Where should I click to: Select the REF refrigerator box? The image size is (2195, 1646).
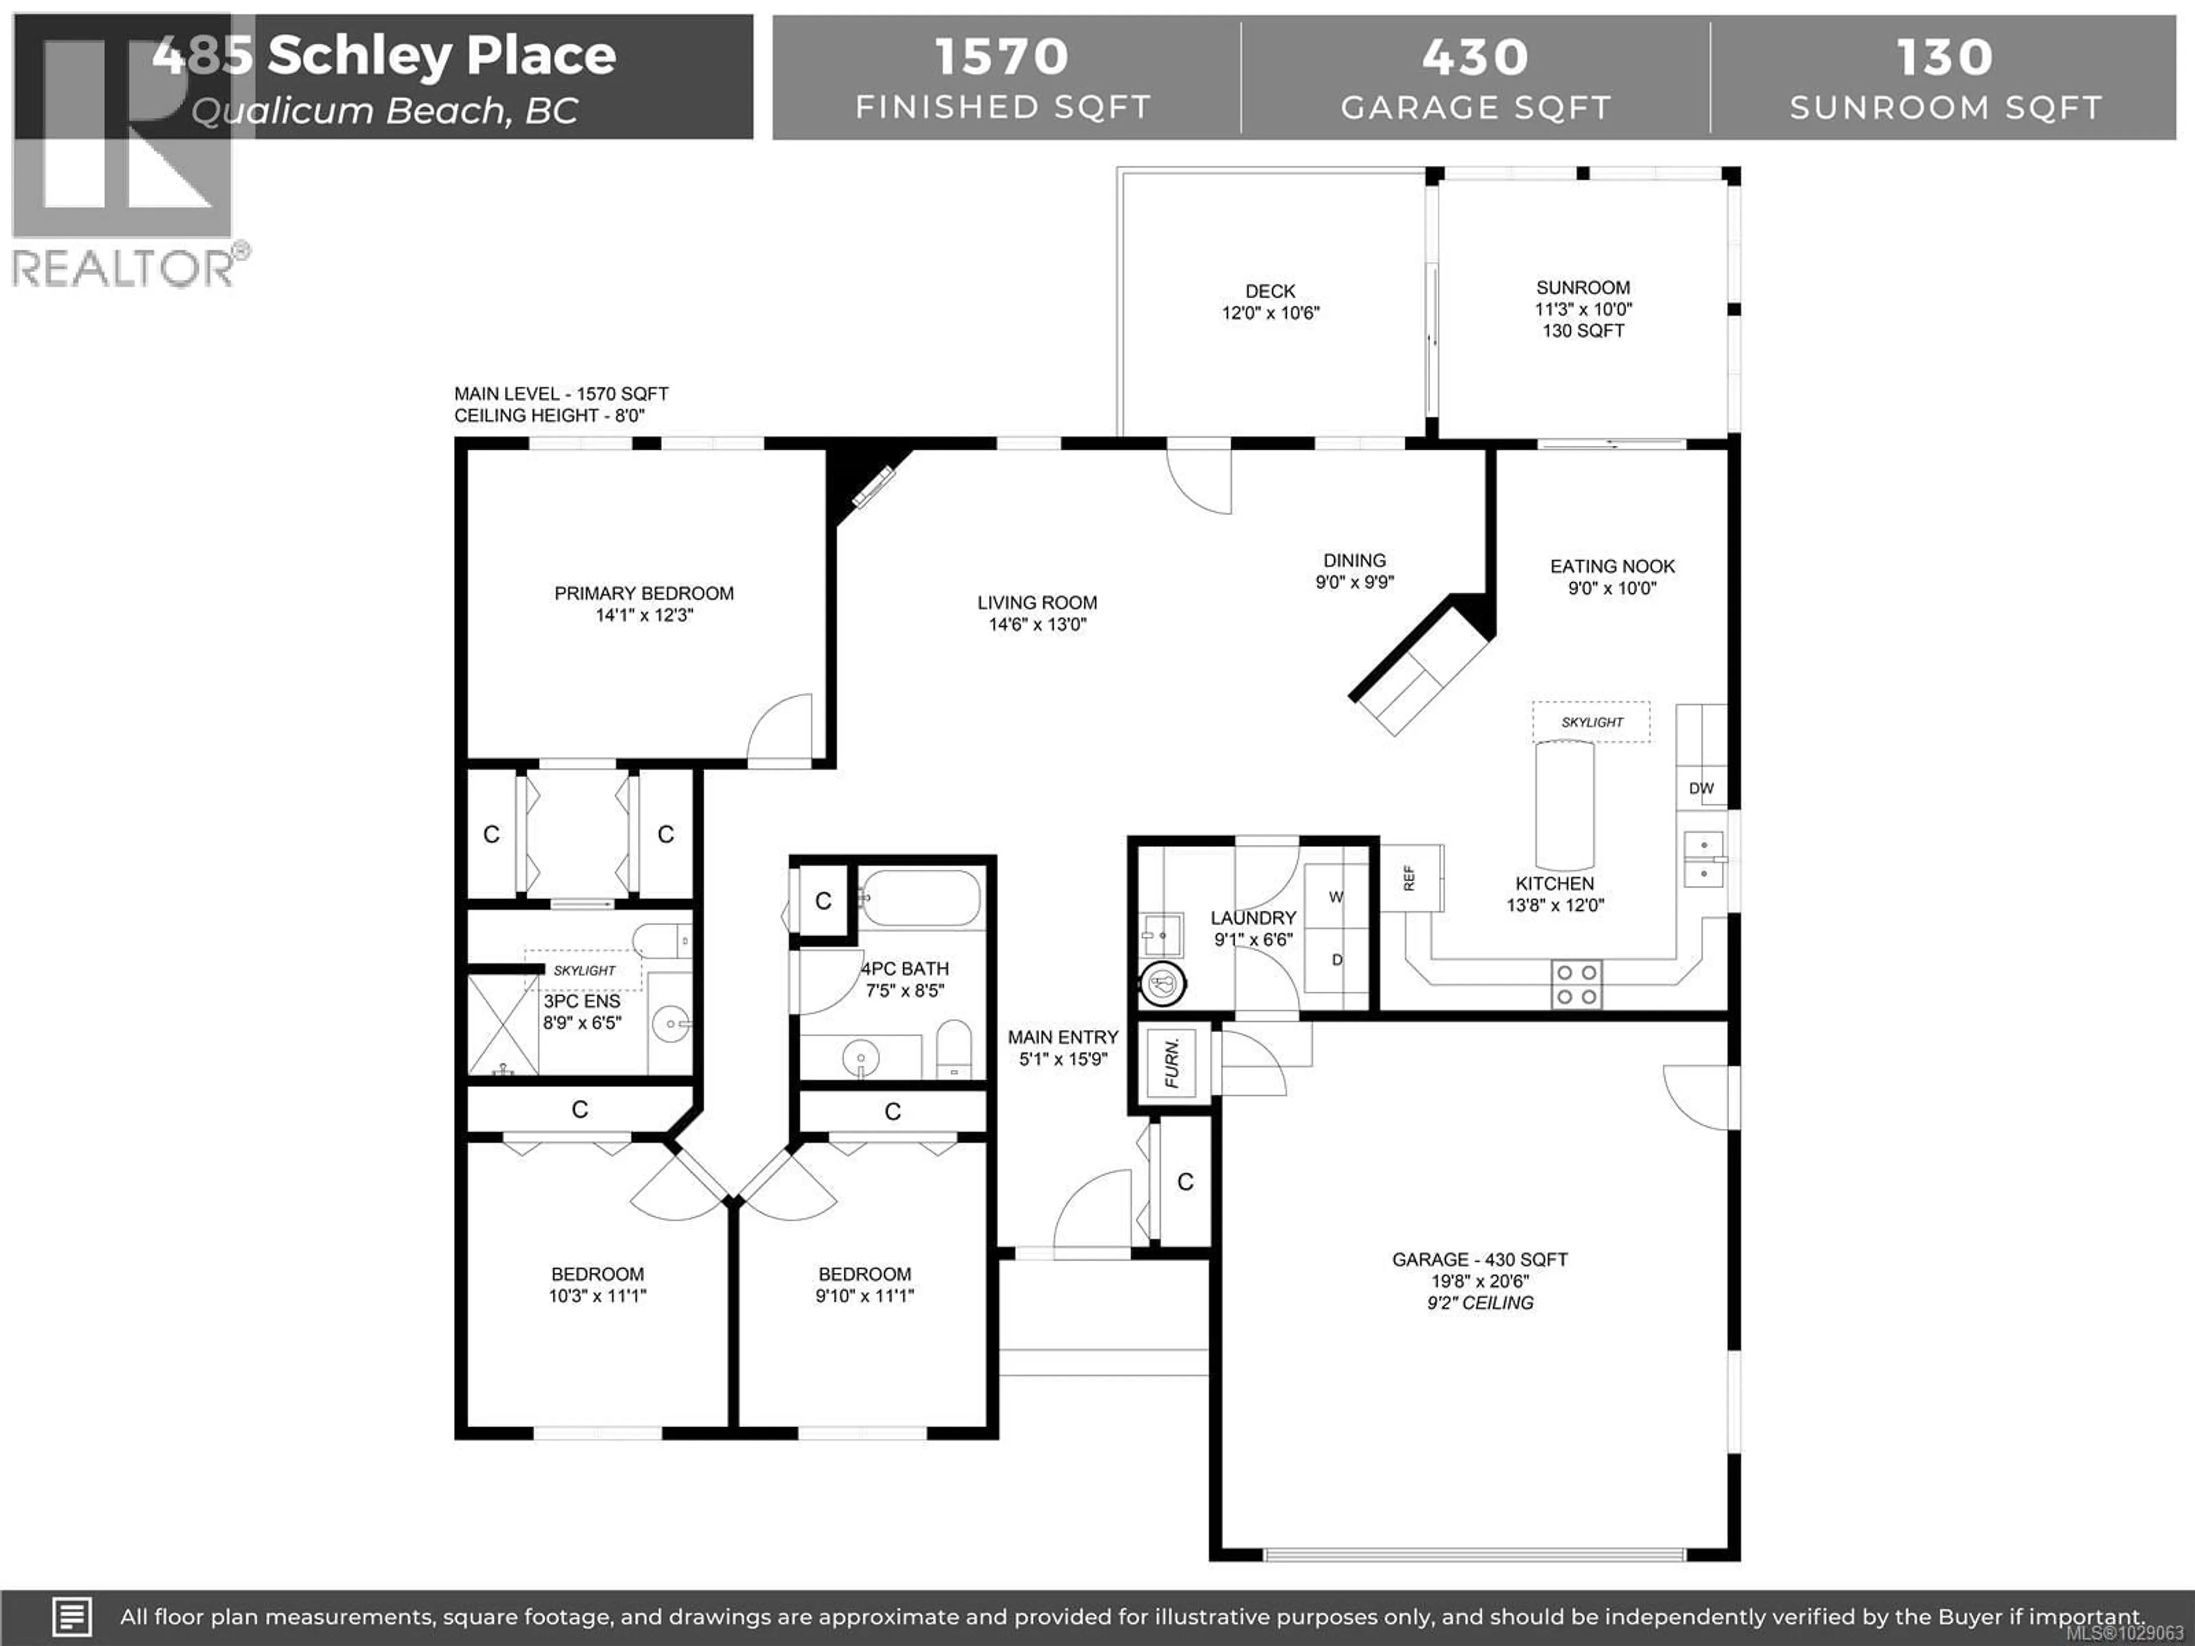pyautogui.click(x=1410, y=878)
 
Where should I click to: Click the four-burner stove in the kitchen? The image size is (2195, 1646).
pyautogui.click(x=1576, y=984)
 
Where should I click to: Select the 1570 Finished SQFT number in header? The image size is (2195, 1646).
pyautogui.click(x=1001, y=57)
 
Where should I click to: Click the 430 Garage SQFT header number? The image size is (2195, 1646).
pyautogui.click(x=1475, y=57)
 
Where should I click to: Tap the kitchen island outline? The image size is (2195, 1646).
pyautogui.click(x=1565, y=806)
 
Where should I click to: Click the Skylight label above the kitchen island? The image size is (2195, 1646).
pyautogui.click(x=1592, y=722)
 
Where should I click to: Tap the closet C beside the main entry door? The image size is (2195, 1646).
pyautogui.click(x=1185, y=1182)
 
